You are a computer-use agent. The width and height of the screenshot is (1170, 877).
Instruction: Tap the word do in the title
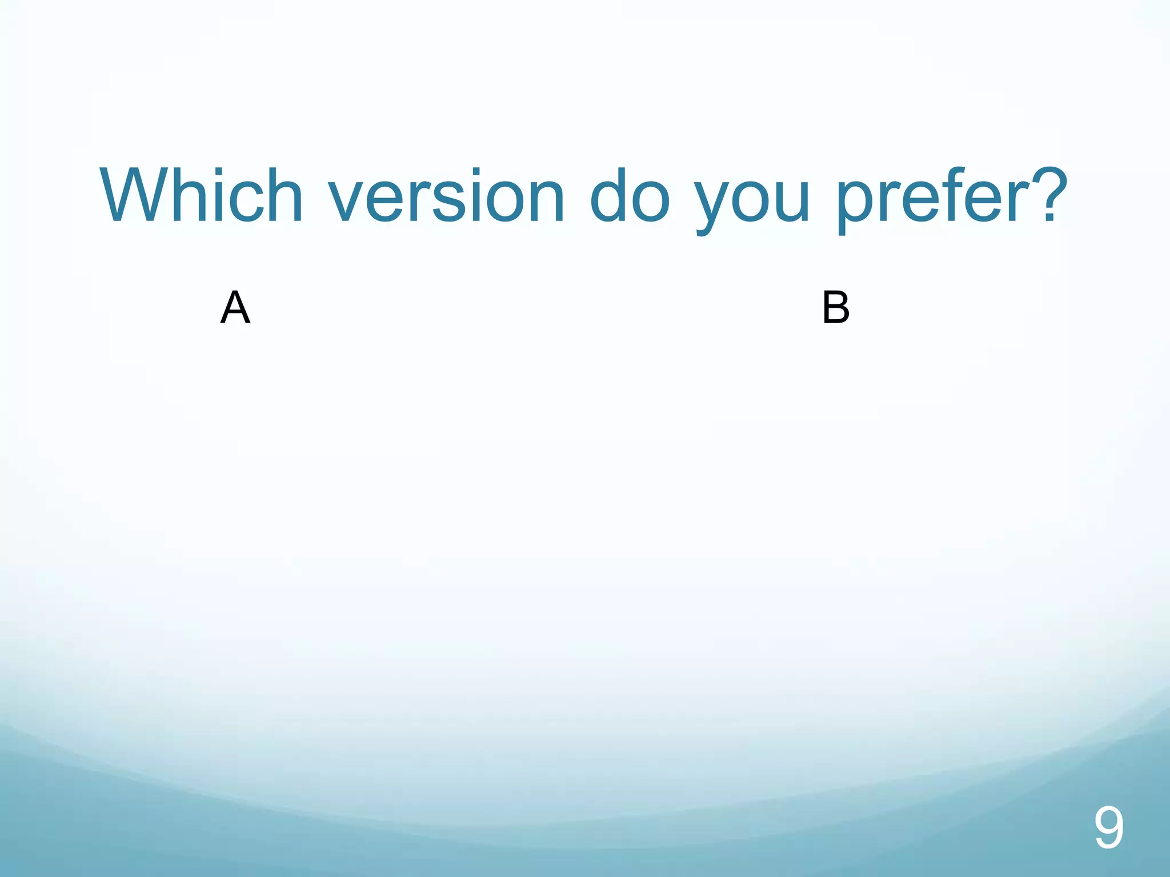point(629,195)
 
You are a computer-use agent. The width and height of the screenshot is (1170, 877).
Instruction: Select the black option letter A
point(235,308)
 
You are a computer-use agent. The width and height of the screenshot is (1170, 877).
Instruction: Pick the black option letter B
point(836,308)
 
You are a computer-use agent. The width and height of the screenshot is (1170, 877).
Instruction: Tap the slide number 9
point(1108,828)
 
